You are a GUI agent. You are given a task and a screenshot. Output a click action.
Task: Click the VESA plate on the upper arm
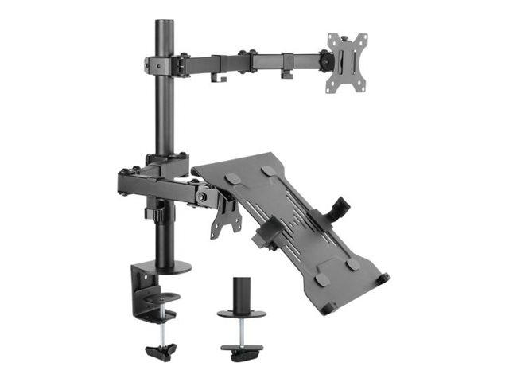[348, 62]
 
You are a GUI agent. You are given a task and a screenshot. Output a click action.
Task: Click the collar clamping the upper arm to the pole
[163, 63]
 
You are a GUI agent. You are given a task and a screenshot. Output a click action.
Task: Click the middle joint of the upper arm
[251, 59]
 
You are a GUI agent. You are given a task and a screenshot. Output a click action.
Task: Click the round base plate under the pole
[169, 267]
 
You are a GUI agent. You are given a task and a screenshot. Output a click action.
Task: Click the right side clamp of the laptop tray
[340, 208]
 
